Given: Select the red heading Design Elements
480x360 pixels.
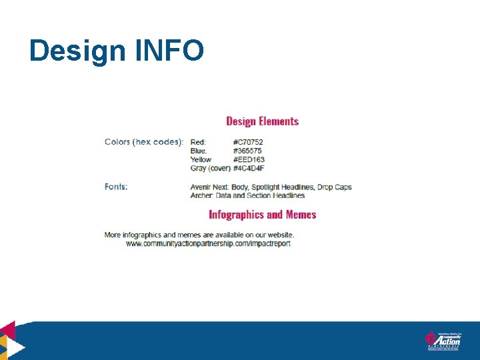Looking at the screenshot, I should pos(262,121).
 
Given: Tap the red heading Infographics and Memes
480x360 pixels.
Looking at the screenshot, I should pos(262,215).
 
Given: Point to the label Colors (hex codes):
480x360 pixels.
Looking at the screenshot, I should pos(144,142).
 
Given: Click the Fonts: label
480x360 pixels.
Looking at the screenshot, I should pos(116,187).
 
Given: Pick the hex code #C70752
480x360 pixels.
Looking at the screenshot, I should pos(249,142).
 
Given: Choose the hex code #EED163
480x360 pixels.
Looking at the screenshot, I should pos(249,159).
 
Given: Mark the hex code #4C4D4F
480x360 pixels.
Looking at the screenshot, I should pos(249,169).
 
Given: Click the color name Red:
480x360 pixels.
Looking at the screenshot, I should pos(198,142).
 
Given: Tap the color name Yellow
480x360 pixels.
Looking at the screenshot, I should pos(201,159).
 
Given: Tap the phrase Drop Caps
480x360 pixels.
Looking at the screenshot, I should pos(335,187).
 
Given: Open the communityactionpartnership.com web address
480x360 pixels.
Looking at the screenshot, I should pos(208,244).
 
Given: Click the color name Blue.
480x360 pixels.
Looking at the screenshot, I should pos(199,151).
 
